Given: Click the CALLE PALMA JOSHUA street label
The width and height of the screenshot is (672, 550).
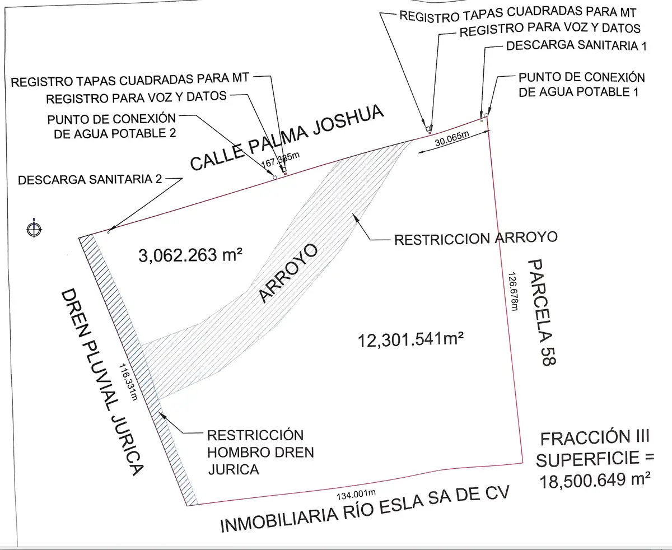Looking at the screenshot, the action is [x=287, y=137].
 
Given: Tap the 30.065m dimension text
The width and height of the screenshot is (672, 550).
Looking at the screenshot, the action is [x=452, y=138].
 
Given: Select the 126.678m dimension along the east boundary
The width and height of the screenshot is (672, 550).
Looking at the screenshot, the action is [x=514, y=291].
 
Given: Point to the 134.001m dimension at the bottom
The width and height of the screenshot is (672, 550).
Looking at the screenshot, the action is [x=356, y=493].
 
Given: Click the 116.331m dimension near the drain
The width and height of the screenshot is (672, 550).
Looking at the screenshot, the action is [x=128, y=382].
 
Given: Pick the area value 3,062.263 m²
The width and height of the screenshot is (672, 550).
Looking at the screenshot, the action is [x=190, y=255].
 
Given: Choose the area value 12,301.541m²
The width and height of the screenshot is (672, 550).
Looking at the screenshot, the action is [x=410, y=339].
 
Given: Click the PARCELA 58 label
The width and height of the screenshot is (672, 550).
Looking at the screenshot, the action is [x=542, y=313].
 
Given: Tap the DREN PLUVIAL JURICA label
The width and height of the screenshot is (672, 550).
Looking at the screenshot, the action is [x=102, y=382].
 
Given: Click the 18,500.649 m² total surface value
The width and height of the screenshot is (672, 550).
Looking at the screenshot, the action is [x=595, y=480].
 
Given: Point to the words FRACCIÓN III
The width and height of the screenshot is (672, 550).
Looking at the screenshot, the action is [x=595, y=439].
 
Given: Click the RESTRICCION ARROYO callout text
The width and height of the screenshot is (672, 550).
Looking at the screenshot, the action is [x=476, y=238].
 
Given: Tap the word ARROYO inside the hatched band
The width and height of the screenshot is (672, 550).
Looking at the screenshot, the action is [x=288, y=273].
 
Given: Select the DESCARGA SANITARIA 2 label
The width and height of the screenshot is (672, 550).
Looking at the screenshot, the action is [x=90, y=179].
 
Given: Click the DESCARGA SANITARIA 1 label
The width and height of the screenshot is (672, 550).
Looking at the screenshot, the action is [x=576, y=45].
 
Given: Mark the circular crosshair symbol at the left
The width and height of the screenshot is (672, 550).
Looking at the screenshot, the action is [x=34, y=229].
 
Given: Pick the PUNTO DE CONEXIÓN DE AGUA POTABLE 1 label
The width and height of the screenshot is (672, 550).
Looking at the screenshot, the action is [x=581, y=85].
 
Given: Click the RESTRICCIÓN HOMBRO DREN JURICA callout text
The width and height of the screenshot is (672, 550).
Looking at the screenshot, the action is [x=260, y=453].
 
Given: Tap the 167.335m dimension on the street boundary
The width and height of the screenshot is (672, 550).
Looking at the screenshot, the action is [x=281, y=159].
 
